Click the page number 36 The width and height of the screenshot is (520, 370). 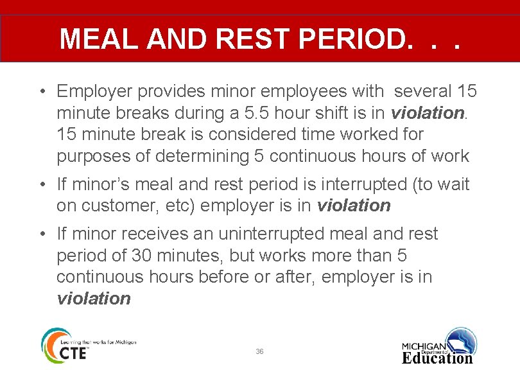[x=259, y=351]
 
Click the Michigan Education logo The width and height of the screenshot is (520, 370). [x=439, y=347]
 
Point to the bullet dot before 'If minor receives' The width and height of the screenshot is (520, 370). [x=40, y=234]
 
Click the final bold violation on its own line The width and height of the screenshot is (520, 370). [x=94, y=299]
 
